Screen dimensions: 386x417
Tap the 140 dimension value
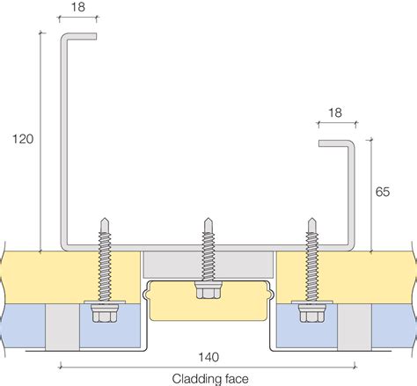pos(208,356)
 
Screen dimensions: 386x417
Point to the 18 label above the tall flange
pos(77,7)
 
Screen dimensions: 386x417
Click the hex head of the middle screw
pos(208,291)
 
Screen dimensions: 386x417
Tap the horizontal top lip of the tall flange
pos(79,37)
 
